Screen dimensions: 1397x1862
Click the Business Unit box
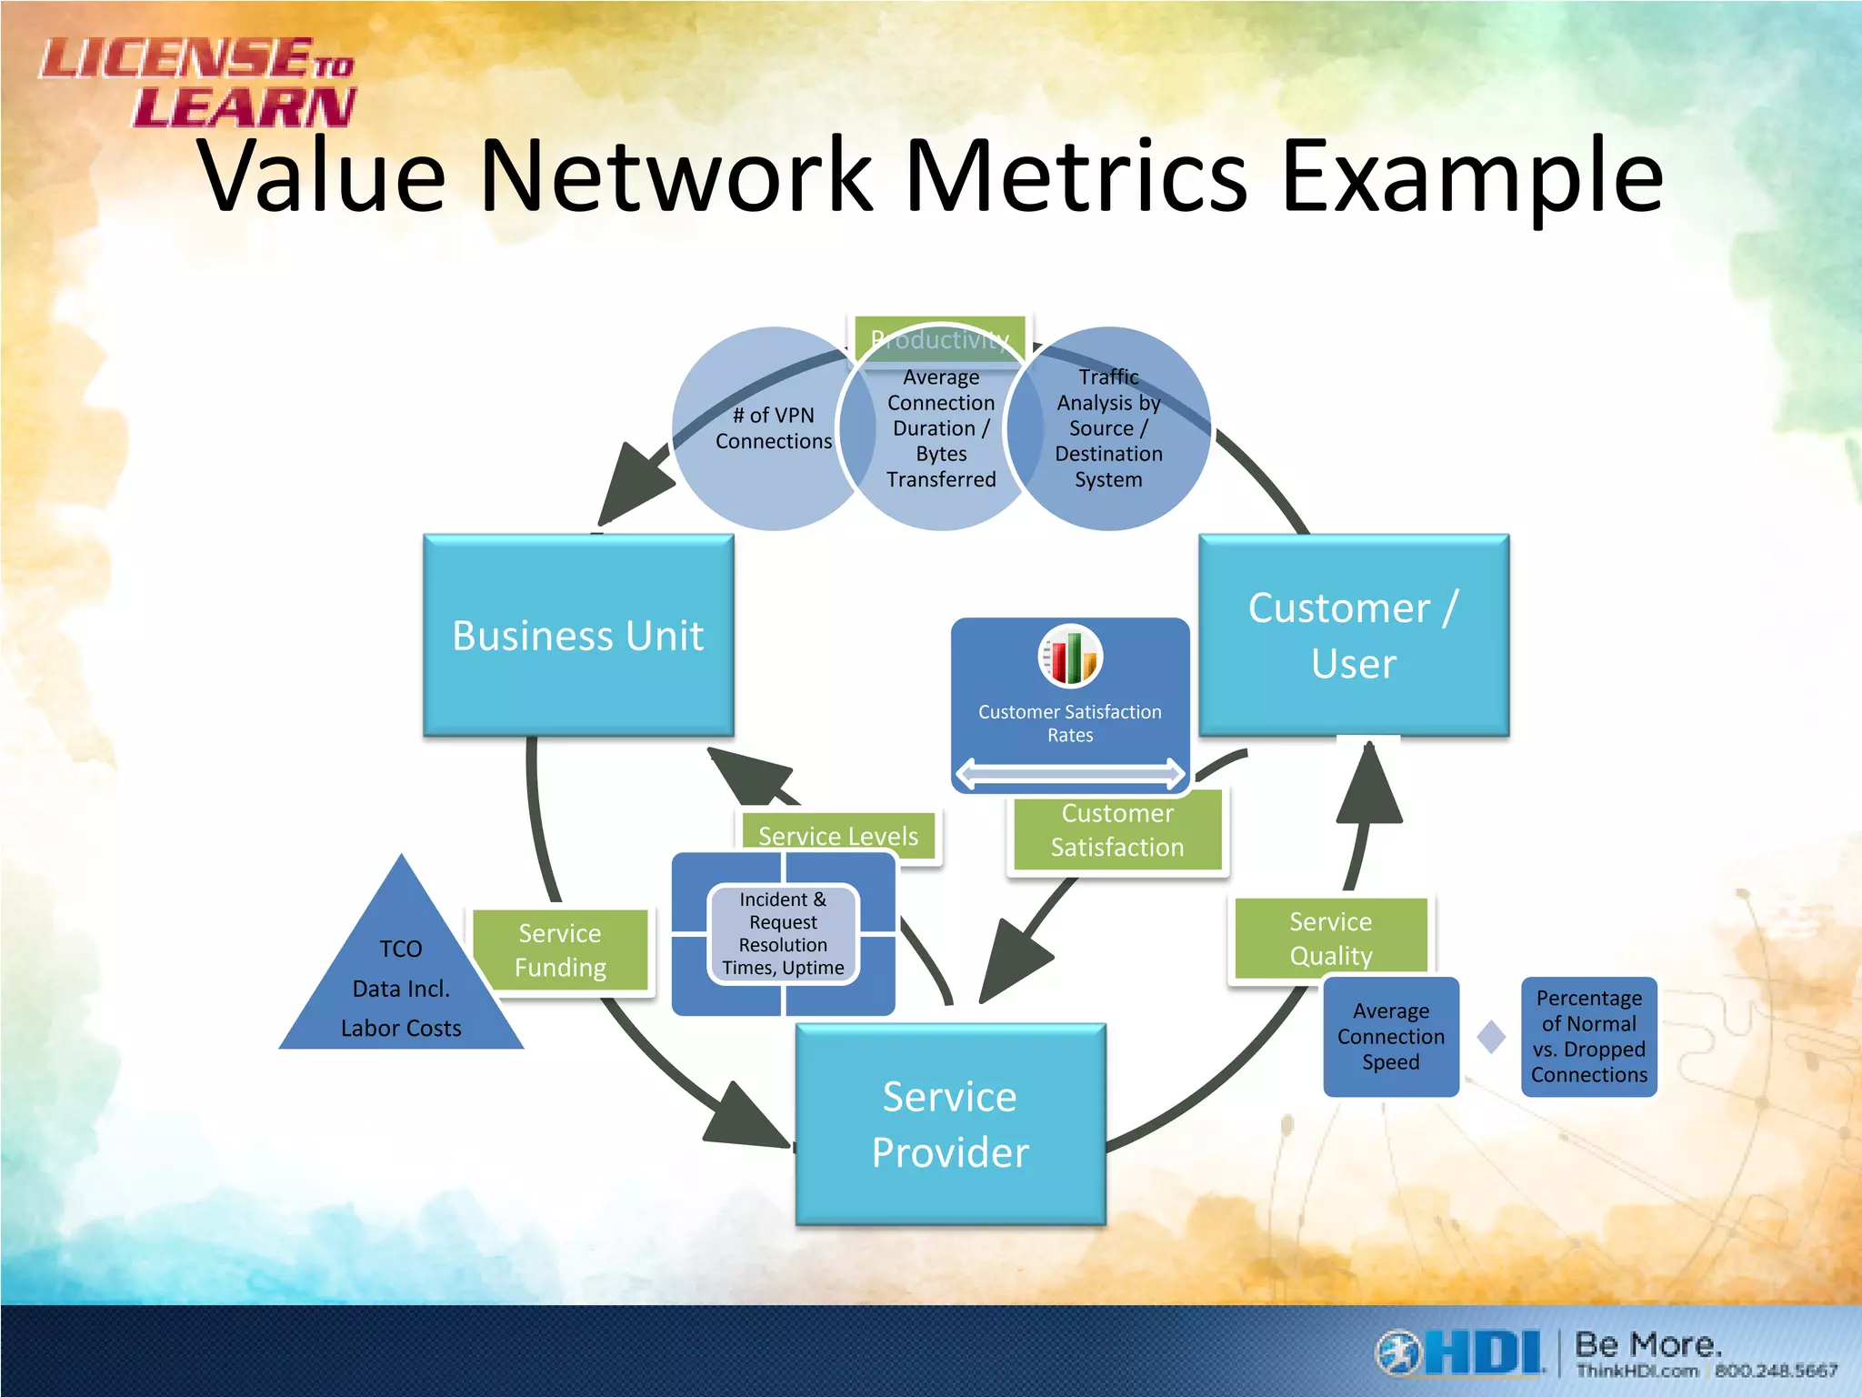(578, 635)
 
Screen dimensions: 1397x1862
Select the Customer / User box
(1354, 635)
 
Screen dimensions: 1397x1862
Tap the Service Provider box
(950, 1124)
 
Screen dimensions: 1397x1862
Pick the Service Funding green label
(560, 950)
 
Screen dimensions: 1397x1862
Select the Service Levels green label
(837, 834)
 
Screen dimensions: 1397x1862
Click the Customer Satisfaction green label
(1117, 830)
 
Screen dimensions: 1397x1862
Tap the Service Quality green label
(1330, 938)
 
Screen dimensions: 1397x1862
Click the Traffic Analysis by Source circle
(1109, 428)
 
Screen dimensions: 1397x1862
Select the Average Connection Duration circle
(941, 428)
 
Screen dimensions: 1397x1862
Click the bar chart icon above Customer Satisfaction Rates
(1070, 656)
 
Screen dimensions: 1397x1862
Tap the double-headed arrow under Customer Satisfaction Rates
(1070, 774)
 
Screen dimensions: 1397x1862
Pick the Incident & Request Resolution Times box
(783, 934)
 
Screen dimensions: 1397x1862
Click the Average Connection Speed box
(1390, 1037)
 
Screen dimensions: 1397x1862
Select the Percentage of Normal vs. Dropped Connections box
(1588, 1037)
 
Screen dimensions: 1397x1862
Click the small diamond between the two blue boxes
(1491, 1037)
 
